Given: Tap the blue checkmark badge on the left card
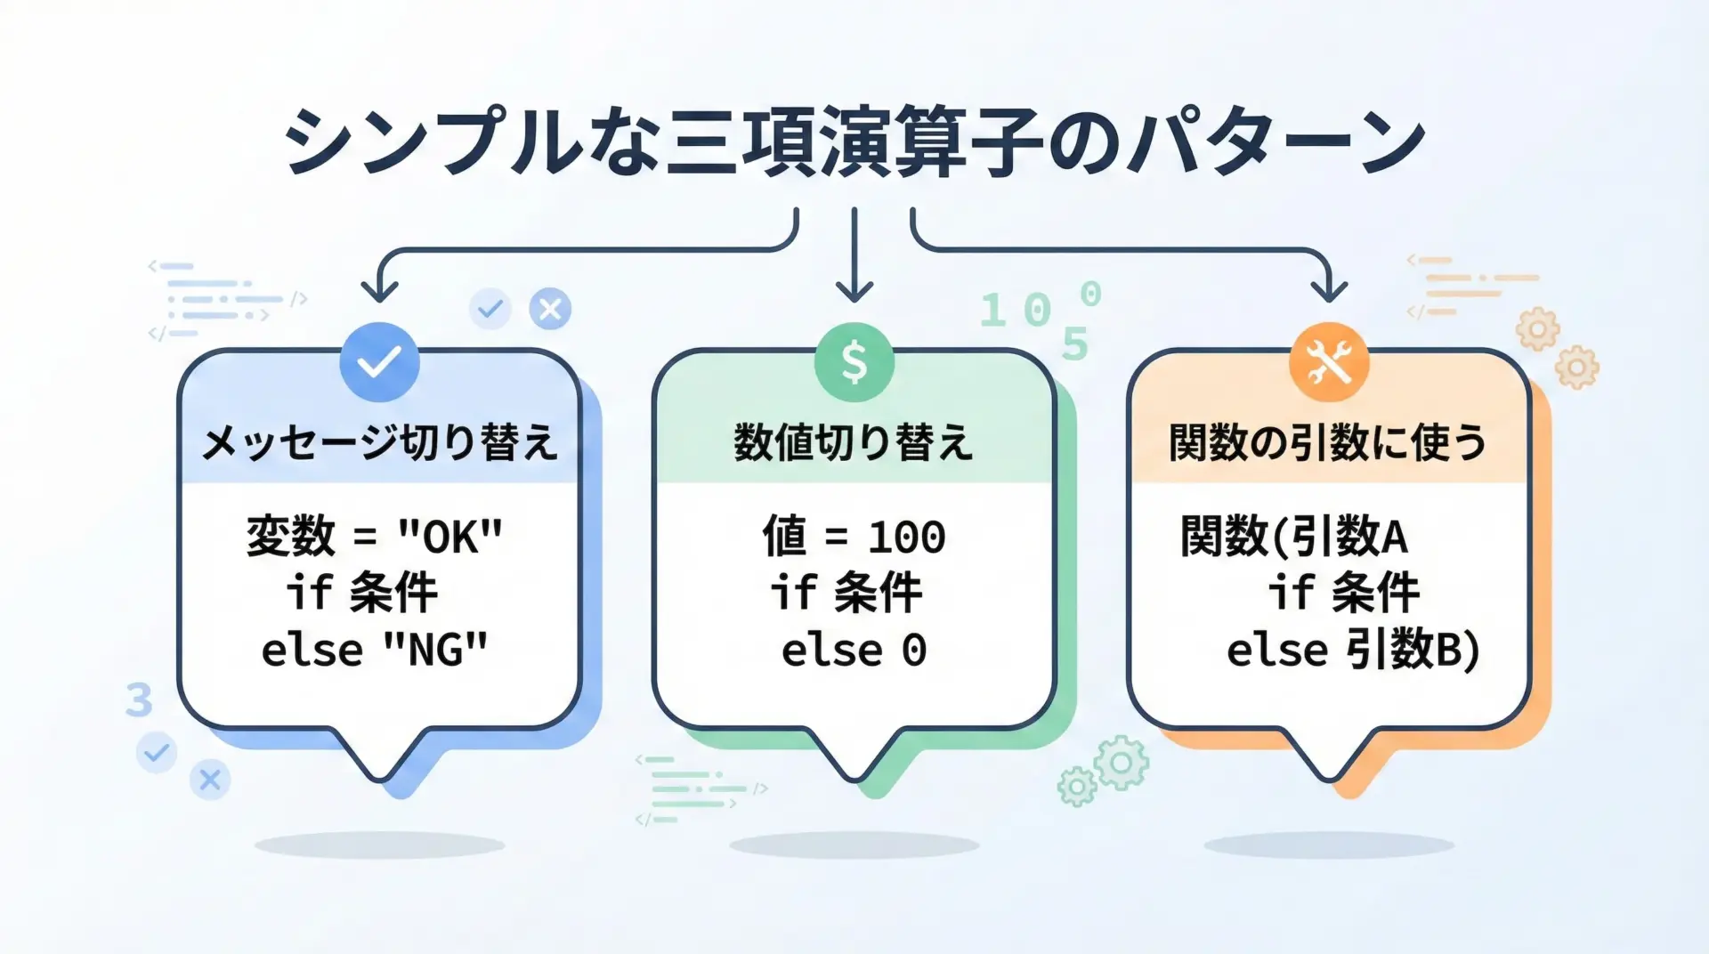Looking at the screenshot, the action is (x=380, y=362).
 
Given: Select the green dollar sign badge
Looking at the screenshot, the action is (x=854, y=362).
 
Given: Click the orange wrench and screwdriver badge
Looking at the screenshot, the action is (x=1329, y=362).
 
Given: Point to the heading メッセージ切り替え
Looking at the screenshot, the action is (x=380, y=442).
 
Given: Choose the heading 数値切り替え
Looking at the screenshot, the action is (x=854, y=442).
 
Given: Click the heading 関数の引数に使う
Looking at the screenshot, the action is (x=1328, y=442).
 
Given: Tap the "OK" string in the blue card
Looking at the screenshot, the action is (x=450, y=537).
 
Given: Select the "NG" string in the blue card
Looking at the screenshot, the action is (x=435, y=650).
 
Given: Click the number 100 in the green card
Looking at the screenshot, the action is (x=907, y=538).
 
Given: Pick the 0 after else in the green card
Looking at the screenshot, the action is (x=914, y=651).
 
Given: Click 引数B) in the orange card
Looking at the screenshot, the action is (x=1413, y=650).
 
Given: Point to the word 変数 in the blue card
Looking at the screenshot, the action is (x=291, y=537).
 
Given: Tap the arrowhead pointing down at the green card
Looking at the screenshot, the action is (x=854, y=291).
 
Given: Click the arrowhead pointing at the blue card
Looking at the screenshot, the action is (x=380, y=291).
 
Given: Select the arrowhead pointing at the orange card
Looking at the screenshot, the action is (x=1329, y=291).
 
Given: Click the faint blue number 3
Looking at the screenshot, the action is (x=139, y=700).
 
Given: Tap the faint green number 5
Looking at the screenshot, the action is (x=1075, y=344).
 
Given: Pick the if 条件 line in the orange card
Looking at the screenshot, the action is (x=1344, y=593).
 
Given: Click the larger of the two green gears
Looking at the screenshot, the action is (x=1122, y=763).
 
